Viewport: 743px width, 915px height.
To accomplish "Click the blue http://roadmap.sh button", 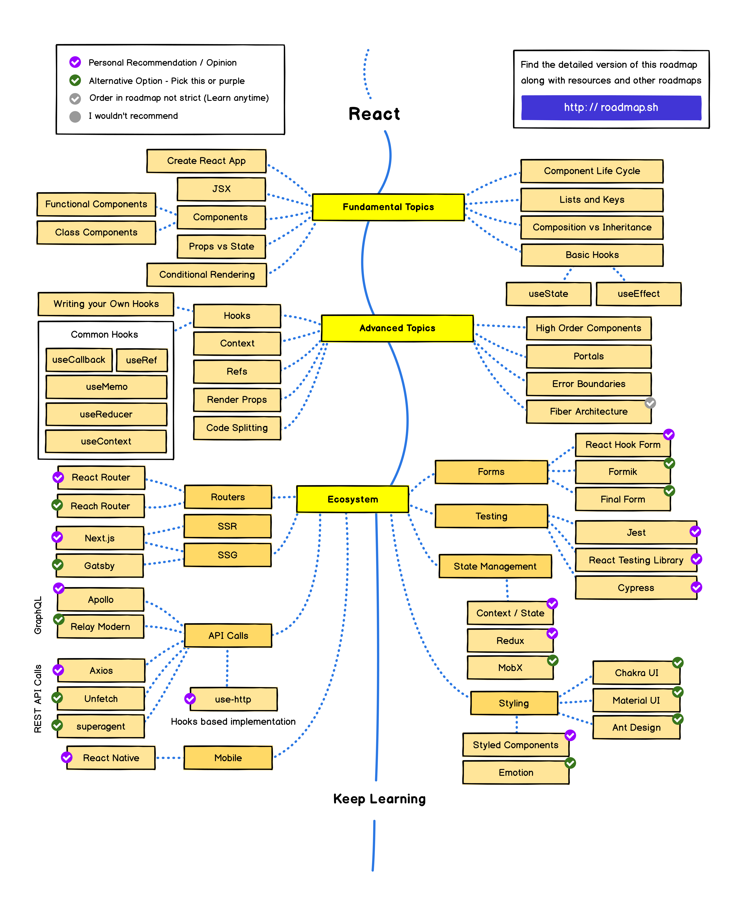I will point(611,107).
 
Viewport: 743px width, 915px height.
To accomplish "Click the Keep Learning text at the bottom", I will point(379,799).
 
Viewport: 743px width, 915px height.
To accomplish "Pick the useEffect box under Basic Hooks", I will point(638,294).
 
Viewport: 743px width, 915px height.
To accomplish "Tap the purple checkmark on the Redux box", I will point(552,633).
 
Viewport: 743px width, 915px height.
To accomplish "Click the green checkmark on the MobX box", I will point(553,660).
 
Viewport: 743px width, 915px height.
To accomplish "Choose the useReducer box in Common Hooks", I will point(106,414).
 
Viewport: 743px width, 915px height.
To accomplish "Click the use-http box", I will point(233,699).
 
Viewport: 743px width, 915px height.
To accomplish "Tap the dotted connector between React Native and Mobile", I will point(170,758).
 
